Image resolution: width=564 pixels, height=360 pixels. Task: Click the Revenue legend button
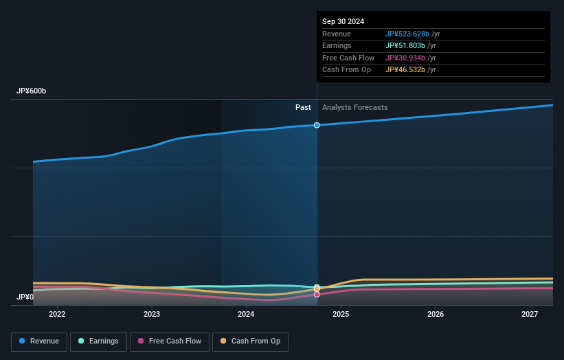(x=39, y=341)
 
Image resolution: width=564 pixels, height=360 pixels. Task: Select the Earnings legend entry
(x=98, y=341)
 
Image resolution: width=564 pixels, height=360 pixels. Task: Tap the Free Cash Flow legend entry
(x=169, y=341)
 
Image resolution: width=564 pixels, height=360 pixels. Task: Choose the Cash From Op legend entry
(x=251, y=341)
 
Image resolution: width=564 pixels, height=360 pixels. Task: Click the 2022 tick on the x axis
(x=57, y=315)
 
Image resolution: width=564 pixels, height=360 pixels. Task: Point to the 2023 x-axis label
(x=152, y=315)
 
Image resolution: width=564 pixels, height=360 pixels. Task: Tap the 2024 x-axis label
(x=246, y=315)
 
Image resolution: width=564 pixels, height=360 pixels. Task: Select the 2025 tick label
(x=341, y=315)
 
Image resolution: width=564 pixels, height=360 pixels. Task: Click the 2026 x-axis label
(x=435, y=315)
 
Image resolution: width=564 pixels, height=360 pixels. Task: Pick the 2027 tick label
(x=530, y=315)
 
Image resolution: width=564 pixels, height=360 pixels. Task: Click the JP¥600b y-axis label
(x=32, y=91)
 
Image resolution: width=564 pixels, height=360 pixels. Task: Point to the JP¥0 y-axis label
(x=25, y=297)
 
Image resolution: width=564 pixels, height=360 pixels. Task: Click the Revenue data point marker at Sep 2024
(x=317, y=125)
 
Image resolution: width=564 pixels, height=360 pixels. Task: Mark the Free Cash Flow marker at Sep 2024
(x=317, y=294)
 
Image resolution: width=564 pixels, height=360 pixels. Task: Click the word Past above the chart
(x=303, y=107)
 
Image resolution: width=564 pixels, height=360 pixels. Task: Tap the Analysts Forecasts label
(x=354, y=107)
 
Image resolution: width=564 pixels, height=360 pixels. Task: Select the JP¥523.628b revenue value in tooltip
(x=407, y=34)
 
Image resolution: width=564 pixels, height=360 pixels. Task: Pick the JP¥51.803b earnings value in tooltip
(x=406, y=46)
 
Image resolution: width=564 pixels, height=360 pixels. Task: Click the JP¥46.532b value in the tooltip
(x=406, y=70)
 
